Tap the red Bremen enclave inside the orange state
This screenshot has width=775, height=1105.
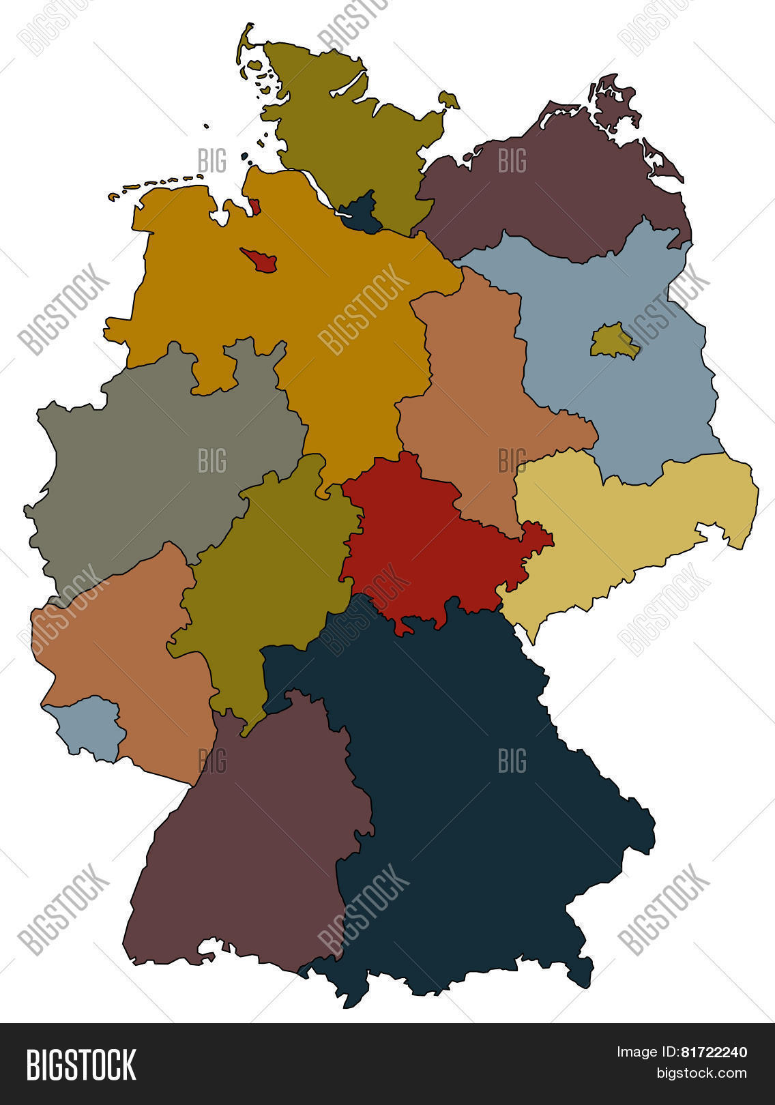pos(260,260)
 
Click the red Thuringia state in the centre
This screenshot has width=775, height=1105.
pos(423,539)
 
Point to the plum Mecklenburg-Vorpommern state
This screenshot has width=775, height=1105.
pos(559,191)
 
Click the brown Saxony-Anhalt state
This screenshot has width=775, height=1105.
pos(478,396)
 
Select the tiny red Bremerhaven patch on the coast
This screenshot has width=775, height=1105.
pos(254,206)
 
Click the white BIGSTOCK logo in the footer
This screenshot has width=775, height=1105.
pos(81,1065)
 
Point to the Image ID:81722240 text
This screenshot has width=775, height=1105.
pos(682,1052)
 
